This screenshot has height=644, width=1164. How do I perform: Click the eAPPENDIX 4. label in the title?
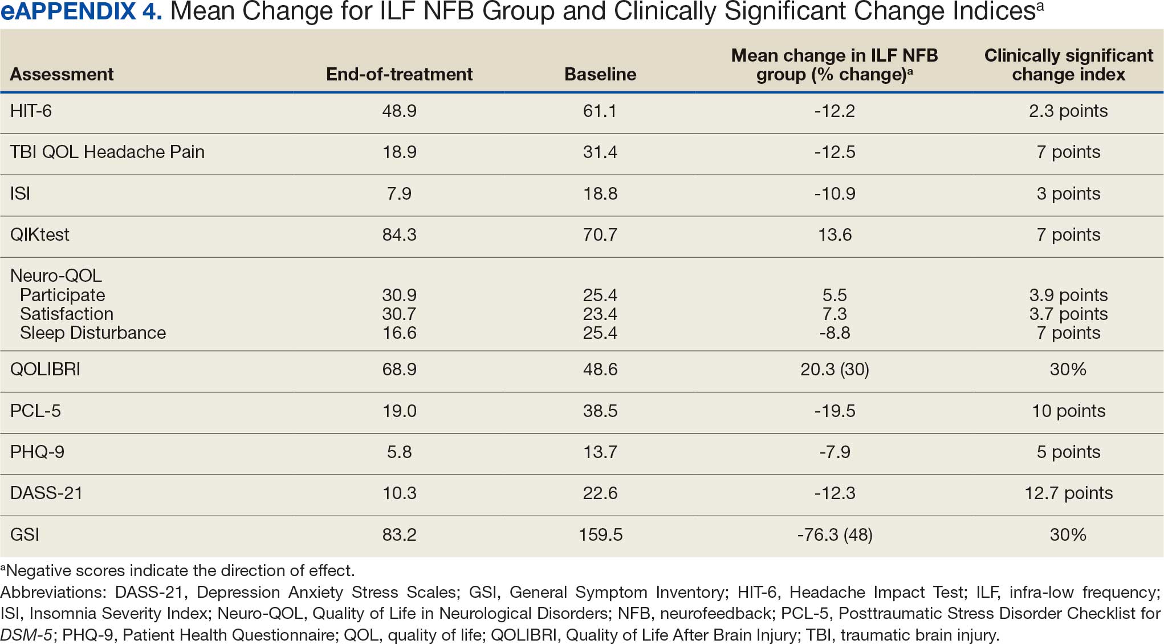(x=82, y=12)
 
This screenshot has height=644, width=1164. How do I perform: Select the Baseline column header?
(x=600, y=74)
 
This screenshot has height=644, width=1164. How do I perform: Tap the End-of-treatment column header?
(x=399, y=74)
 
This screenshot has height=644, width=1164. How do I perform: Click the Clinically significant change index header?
(x=1068, y=65)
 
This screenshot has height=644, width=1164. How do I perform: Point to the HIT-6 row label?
(x=31, y=111)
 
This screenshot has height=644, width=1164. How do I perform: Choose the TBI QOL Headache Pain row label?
(x=107, y=152)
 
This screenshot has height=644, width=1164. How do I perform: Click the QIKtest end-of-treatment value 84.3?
(x=399, y=234)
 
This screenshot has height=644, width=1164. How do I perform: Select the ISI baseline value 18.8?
(x=600, y=193)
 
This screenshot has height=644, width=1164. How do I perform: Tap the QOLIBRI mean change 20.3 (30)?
(x=835, y=370)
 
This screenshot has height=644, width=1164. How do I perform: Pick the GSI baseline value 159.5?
(x=600, y=534)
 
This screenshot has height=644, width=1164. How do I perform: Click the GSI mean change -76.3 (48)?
(x=835, y=535)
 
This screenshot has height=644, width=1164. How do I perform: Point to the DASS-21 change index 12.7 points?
(x=1068, y=493)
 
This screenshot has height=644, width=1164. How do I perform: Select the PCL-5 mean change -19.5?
(x=835, y=411)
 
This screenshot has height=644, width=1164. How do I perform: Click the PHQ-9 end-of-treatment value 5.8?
(x=399, y=452)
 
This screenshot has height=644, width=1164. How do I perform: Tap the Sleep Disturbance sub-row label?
(x=93, y=333)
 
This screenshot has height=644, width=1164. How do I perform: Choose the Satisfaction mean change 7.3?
(x=835, y=314)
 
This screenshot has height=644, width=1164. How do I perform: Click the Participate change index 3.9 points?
(x=1068, y=295)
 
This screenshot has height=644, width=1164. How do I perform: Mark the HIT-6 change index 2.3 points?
(x=1068, y=111)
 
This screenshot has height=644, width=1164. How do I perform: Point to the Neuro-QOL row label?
(x=56, y=276)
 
